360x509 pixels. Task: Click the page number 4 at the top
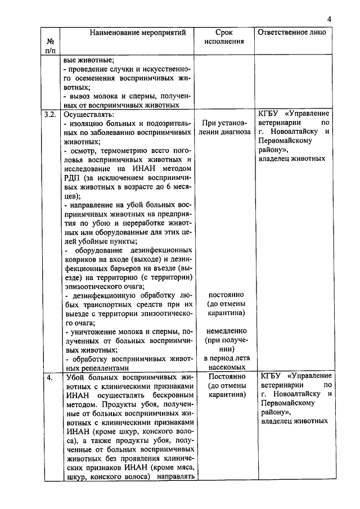click(329, 20)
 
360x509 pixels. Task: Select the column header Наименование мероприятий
click(130, 33)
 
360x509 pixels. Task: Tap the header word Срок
click(224, 33)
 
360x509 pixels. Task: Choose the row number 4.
click(49, 377)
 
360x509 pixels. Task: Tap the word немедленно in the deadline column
click(224, 331)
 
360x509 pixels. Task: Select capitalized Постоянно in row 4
click(224, 376)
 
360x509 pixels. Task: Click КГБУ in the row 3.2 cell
click(271, 114)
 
